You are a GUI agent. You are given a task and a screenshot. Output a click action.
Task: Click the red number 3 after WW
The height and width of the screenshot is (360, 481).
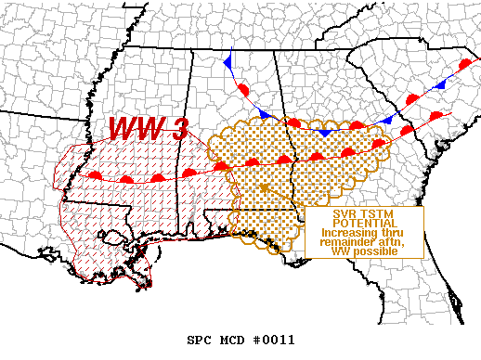tap(175, 130)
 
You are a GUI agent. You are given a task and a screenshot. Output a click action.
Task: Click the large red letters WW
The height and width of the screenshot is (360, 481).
tap(135, 130)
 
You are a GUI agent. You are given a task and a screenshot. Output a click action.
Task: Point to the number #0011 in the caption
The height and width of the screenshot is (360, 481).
tap(274, 341)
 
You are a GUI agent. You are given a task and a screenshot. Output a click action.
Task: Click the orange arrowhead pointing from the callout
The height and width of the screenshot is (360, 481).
tap(264, 188)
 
